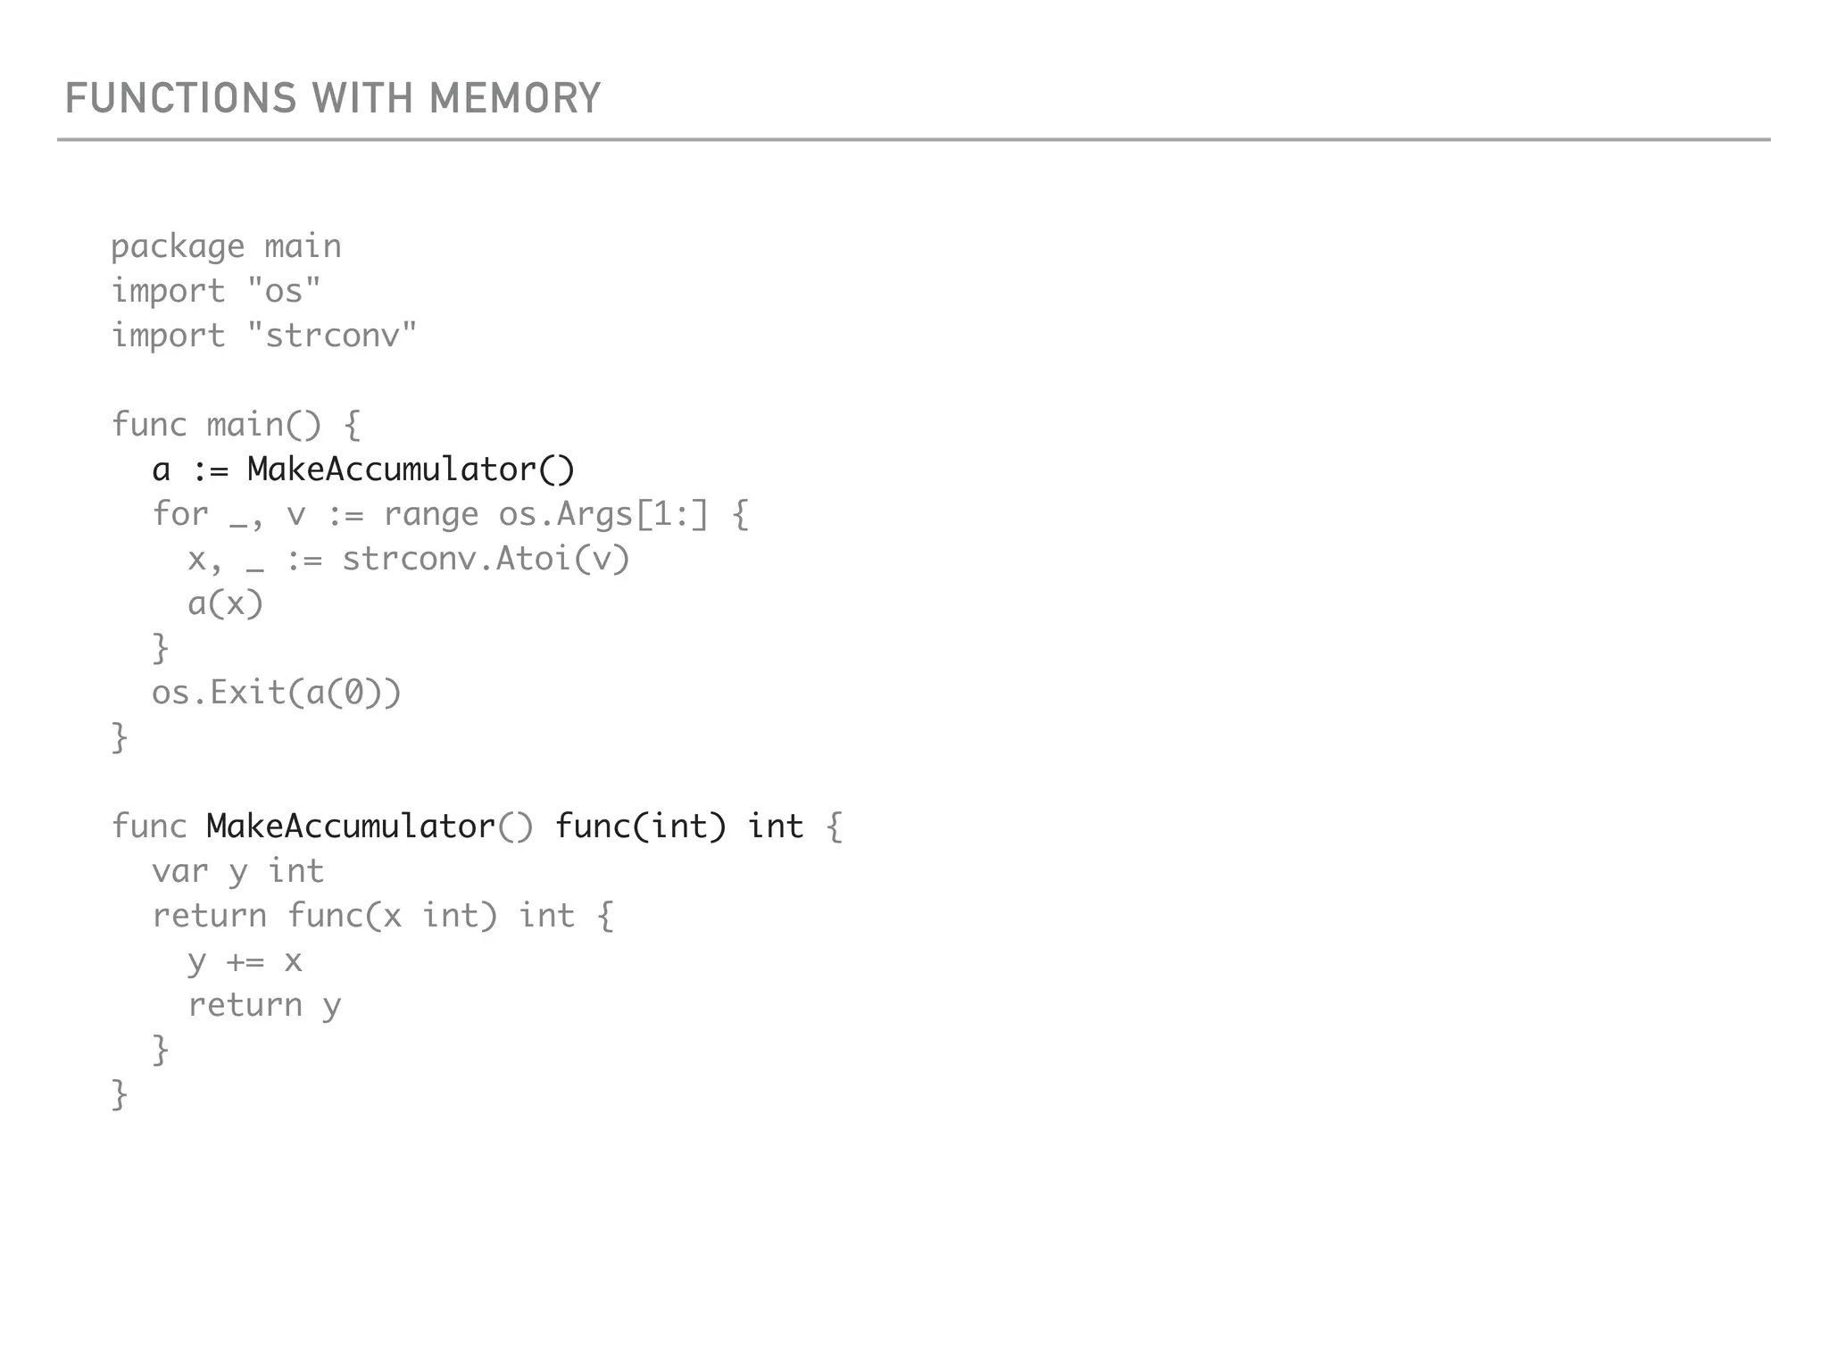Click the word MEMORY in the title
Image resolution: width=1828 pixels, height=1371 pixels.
click(515, 98)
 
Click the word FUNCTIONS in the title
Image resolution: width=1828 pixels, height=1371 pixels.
click(180, 98)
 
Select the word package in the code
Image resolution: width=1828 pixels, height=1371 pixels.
click(178, 247)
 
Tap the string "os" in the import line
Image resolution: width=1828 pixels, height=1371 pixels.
click(284, 291)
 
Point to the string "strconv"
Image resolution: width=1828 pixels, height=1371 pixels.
click(332, 336)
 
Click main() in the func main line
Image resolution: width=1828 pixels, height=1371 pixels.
click(263, 425)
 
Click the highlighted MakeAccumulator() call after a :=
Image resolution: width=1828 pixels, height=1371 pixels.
click(411, 469)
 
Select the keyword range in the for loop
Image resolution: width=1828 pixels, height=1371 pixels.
click(431, 514)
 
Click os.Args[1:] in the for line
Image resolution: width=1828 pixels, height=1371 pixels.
click(603, 514)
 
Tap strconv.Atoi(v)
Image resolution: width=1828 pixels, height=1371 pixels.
click(486, 559)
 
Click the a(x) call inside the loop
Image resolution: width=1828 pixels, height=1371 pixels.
click(226, 603)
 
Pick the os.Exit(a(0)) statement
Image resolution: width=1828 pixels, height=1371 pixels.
click(277, 693)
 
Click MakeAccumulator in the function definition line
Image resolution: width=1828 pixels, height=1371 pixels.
click(351, 827)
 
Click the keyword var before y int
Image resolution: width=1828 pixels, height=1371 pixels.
click(180, 871)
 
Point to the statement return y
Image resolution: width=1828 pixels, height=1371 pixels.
click(264, 1006)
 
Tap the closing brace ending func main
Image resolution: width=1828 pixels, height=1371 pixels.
click(120, 738)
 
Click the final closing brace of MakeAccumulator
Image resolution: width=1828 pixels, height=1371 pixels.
click(120, 1095)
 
